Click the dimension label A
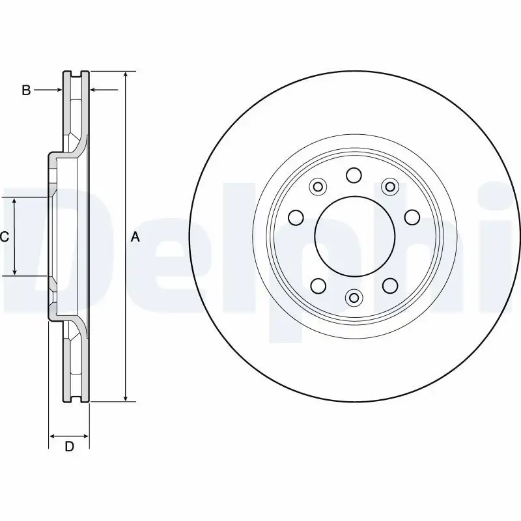click(135, 237)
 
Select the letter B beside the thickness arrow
click(26, 91)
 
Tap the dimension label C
click(5, 237)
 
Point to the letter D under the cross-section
click(69, 446)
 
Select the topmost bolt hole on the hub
click(354, 175)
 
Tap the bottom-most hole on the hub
click(354, 298)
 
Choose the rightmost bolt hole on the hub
click(411, 216)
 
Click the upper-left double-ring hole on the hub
click(318, 188)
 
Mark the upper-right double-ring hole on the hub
click(389, 188)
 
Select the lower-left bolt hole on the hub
click(318, 285)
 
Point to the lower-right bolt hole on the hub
click(389, 285)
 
